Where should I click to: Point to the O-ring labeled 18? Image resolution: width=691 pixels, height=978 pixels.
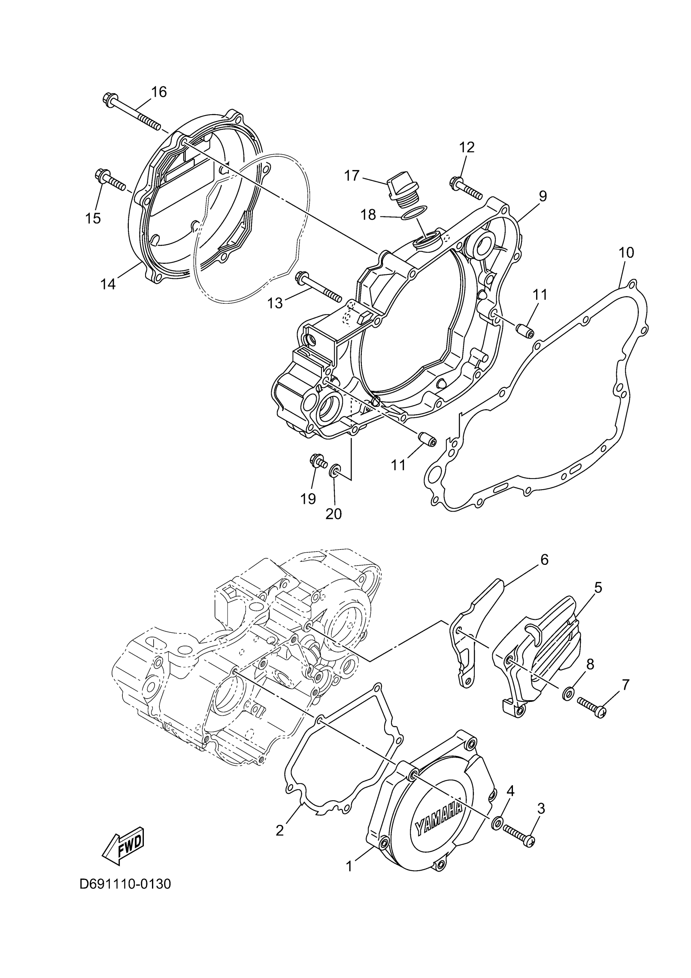[x=415, y=213]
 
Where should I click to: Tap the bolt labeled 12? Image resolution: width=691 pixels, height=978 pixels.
[x=465, y=188]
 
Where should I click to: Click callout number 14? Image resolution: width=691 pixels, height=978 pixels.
[x=108, y=285]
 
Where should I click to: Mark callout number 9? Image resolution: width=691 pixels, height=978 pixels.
[x=542, y=196]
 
